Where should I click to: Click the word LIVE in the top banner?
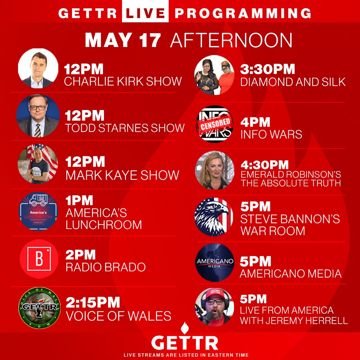145,13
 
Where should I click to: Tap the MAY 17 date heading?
123,40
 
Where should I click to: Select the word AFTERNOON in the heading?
231,40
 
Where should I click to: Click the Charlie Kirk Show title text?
123,81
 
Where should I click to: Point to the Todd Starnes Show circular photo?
38,116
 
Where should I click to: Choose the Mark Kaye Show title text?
122,175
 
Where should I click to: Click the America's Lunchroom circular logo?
38,212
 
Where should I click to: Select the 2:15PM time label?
93,302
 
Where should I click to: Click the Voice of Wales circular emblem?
39,308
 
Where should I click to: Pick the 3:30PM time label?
268,69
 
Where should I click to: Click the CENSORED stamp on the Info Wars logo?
215,123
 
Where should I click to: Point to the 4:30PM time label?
265,165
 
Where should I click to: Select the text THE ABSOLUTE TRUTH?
291,183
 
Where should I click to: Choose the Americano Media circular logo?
215,262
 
